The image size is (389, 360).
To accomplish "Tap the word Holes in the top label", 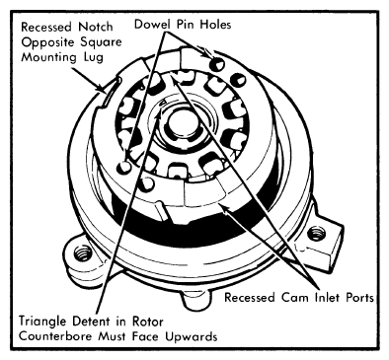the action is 215,24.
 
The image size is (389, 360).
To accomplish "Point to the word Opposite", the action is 44,42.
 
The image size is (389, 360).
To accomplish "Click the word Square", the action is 98,43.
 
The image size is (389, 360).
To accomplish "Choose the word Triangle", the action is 43,322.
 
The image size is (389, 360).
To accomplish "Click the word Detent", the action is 93,322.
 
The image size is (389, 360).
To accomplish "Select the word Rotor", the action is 148,322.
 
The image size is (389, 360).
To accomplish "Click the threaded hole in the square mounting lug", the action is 316,234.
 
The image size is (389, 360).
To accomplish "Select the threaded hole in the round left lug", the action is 82,254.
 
